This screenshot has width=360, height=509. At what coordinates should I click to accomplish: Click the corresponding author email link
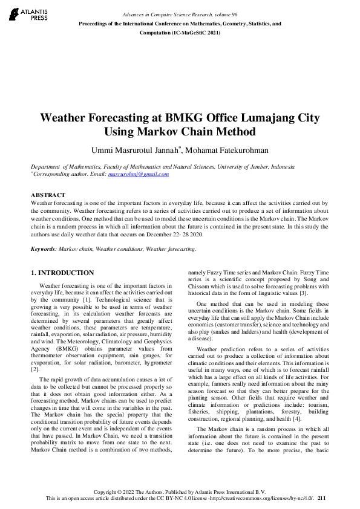(x=138, y=174)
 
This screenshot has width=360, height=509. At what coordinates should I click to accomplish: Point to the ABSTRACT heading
(x=48, y=195)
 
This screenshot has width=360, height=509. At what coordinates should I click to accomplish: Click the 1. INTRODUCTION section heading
(x=62, y=273)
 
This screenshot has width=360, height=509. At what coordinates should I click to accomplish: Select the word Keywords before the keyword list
(x=44, y=249)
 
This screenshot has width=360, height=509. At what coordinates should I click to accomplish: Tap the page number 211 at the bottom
(x=321, y=498)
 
